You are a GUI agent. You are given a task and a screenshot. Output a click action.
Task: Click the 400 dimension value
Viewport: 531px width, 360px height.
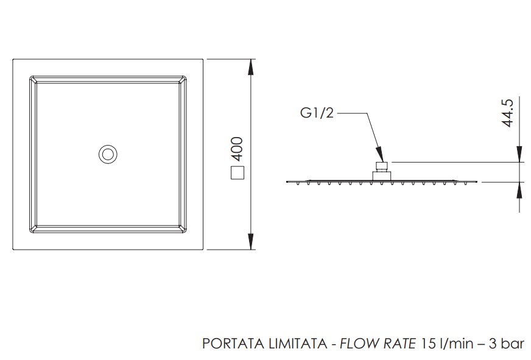coord(237,149)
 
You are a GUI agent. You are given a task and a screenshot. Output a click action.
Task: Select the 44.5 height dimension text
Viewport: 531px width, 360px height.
coord(508,113)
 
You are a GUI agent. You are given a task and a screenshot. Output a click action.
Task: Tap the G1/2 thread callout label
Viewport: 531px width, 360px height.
coord(317,113)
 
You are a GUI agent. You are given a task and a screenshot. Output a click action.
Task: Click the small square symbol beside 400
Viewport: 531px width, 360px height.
coord(237,173)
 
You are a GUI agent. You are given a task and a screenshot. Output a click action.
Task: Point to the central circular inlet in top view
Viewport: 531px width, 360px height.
coord(108,154)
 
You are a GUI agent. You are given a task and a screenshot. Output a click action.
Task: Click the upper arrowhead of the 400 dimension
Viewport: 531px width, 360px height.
coord(251,67)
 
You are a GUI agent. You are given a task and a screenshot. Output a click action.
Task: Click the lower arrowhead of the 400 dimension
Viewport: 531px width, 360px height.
coord(251,241)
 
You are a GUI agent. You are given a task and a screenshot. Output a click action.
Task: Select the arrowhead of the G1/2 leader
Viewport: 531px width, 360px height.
coord(380,154)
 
